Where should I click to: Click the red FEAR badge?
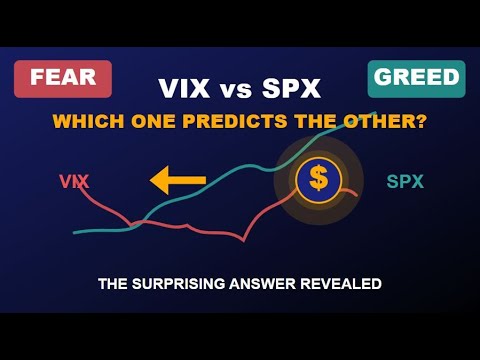[x=62, y=78]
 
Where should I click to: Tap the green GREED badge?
[x=416, y=78]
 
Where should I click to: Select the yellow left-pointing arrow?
[x=177, y=181]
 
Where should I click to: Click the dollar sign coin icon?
[x=318, y=179]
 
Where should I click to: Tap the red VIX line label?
[x=75, y=182]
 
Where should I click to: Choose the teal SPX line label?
[x=404, y=182]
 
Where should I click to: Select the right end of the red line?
[x=356, y=193]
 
